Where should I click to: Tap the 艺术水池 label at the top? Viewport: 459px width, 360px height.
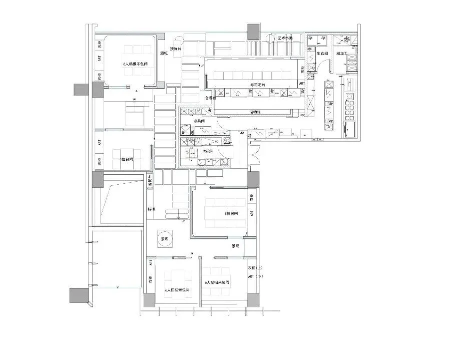click(x=287, y=38)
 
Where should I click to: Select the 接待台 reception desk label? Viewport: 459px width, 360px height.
click(x=175, y=49)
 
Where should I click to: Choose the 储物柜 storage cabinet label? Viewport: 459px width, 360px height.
click(x=256, y=112)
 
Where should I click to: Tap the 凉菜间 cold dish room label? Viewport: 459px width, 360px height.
click(x=201, y=122)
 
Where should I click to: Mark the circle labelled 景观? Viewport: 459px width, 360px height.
click(x=164, y=239)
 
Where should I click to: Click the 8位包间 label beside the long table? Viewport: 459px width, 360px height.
click(x=231, y=213)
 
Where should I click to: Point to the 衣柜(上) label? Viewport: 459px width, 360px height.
click(x=255, y=268)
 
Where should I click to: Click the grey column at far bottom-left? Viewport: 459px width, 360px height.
click(x=78, y=295)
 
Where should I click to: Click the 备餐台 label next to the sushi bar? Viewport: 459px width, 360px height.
click(x=210, y=98)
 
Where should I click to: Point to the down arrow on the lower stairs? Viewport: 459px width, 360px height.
click(x=178, y=215)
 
